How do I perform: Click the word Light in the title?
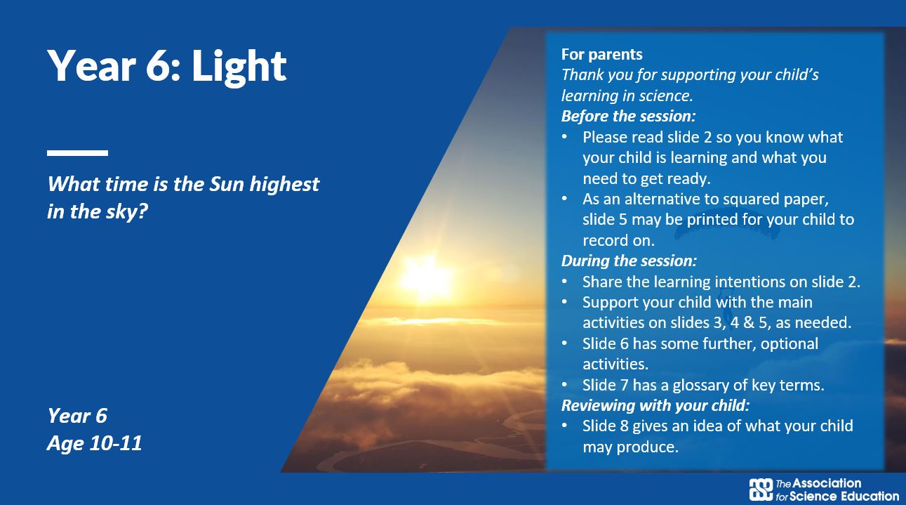[239, 67]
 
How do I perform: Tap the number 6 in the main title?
[158, 66]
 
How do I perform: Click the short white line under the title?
[77, 153]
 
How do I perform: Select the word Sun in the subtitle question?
[226, 184]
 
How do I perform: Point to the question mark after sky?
[142, 211]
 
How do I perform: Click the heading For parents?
[601, 54]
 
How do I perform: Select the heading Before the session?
[628, 116]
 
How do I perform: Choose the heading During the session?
[629, 261]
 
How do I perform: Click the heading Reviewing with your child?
[655, 405]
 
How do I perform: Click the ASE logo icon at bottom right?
[761, 490]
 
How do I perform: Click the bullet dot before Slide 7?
[565, 385]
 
